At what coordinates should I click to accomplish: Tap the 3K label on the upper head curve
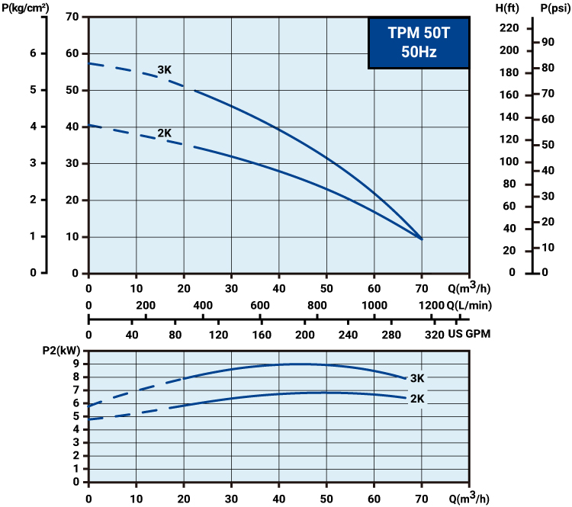(x=165, y=70)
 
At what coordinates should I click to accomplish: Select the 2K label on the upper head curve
(x=165, y=133)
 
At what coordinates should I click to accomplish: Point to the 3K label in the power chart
(x=417, y=378)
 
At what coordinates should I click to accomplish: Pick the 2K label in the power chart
(x=417, y=399)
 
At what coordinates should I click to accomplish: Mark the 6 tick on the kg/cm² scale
(x=32, y=53)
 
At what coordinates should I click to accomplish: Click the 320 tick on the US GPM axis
(x=433, y=335)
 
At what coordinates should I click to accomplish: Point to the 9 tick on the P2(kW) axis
(x=76, y=364)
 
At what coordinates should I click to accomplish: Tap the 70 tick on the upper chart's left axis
(x=72, y=17)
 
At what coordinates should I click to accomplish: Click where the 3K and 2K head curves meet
(x=421, y=239)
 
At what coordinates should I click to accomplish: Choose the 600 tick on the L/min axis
(x=259, y=305)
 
